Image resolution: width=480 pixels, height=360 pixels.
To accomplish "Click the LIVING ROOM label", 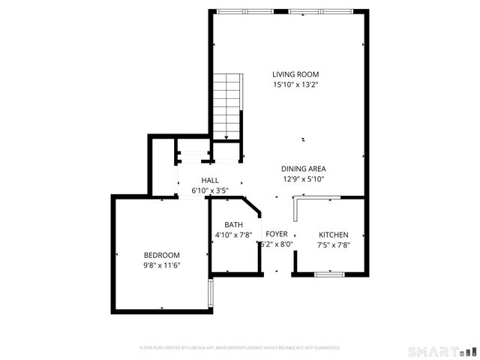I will coord(295,74).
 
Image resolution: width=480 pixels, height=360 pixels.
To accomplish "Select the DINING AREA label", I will coord(303,169).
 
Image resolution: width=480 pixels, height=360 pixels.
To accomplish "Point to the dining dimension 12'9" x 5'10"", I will coord(303,179).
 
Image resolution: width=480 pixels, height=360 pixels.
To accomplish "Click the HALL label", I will coord(210,180).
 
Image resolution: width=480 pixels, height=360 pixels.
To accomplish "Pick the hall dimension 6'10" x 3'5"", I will coord(210,190).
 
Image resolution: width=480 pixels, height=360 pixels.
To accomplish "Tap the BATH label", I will coord(233,224).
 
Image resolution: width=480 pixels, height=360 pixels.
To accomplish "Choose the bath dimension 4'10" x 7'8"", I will coord(233,235).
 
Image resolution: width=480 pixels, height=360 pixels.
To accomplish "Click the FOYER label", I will coord(277,234).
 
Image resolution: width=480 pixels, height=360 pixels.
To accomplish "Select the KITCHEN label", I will coord(334,235).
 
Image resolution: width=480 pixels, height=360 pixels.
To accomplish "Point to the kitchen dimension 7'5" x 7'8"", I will coord(334,244).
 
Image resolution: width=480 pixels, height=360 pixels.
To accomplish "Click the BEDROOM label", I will coord(162,254).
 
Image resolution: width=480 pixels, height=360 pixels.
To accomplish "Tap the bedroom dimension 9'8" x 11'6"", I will coord(162,265).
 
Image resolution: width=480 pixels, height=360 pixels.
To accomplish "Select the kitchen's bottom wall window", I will coord(329,274).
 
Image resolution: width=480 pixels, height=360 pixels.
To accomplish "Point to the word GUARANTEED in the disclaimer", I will coord(325,348).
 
